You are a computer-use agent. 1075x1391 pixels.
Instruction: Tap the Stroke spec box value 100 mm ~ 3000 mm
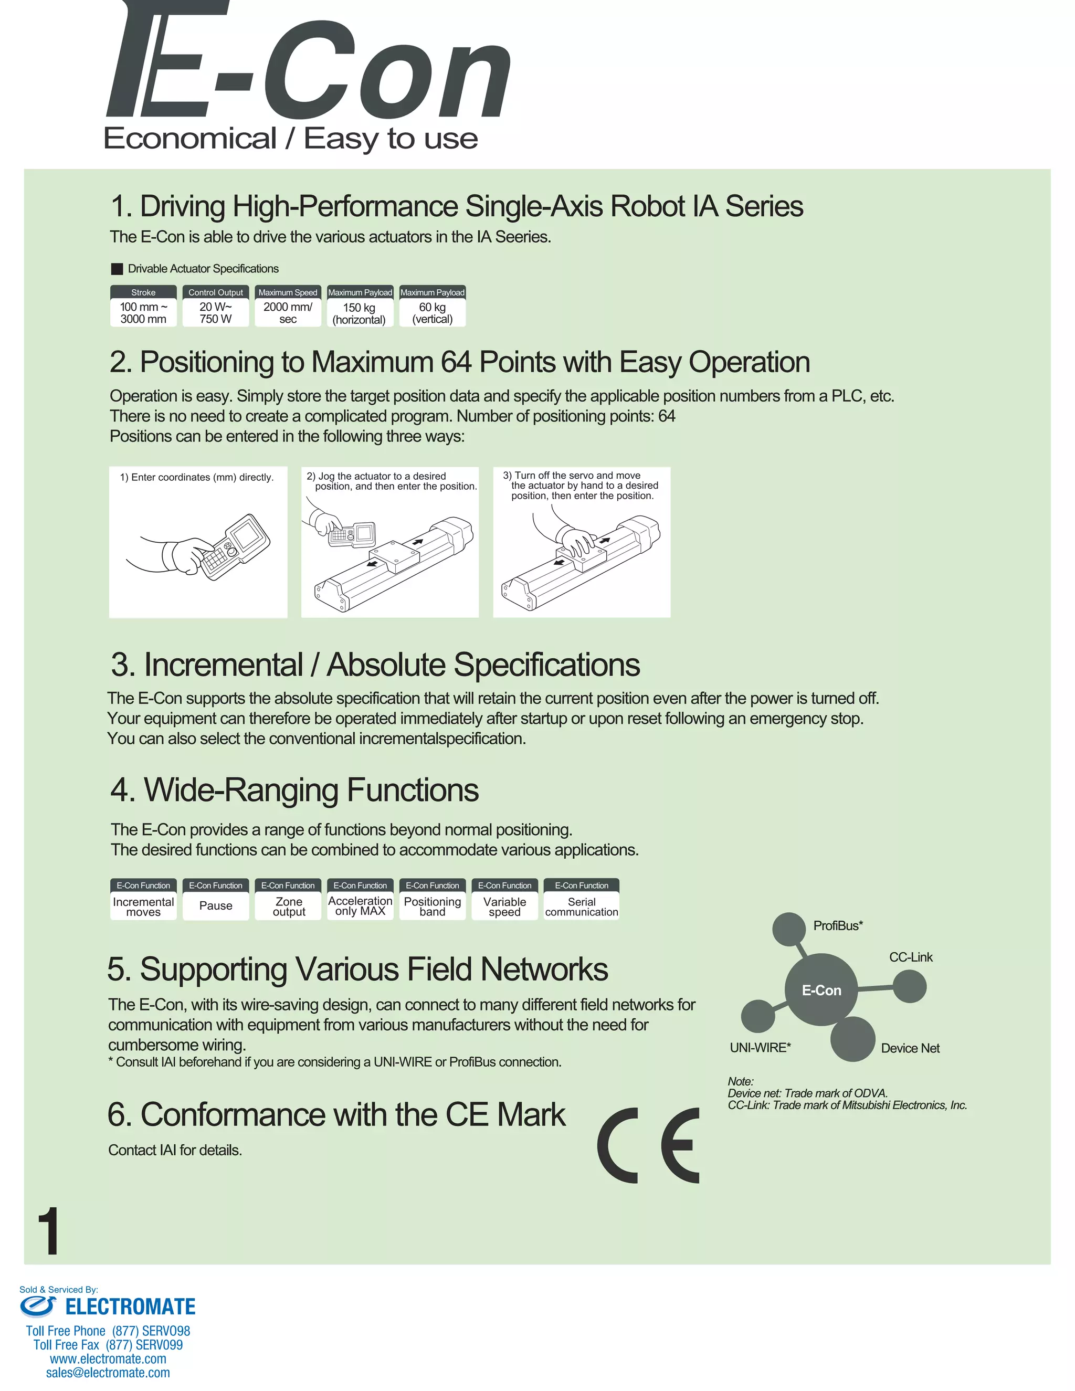point(143,313)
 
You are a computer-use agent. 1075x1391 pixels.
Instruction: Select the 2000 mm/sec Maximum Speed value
point(288,313)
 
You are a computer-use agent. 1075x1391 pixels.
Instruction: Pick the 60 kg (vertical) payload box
point(433,313)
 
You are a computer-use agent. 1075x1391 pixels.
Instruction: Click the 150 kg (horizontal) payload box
point(360,313)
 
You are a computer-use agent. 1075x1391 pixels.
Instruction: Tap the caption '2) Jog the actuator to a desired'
point(376,476)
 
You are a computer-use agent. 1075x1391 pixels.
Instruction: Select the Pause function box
point(216,905)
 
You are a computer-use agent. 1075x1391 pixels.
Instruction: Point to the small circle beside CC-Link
point(910,987)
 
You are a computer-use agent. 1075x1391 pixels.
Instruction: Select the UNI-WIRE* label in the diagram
point(760,1048)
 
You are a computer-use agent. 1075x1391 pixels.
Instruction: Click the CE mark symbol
point(648,1145)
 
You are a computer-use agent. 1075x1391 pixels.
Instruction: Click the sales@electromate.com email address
point(108,1373)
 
